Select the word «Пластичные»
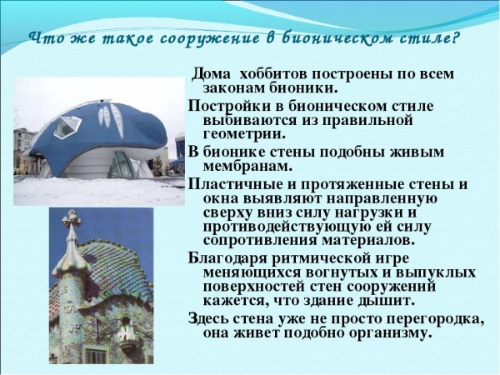tap(234, 183)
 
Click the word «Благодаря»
tap(225, 257)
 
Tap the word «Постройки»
tap(224, 106)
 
